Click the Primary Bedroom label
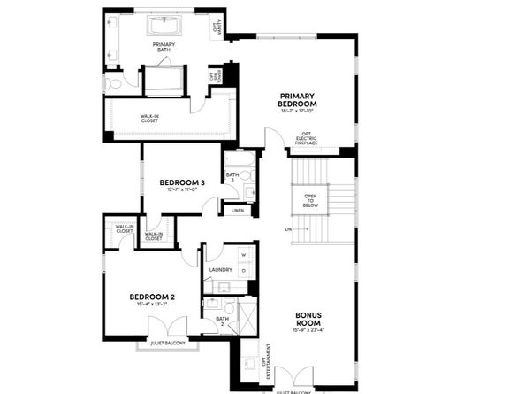tap(298, 99)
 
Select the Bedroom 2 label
tap(152, 297)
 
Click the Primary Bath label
tap(164, 48)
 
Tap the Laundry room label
tap(221, 270)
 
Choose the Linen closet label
tap(237, 211)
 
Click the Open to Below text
tap(310, 200)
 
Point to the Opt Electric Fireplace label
tap(331, 139)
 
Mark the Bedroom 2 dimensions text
tap(152, 305)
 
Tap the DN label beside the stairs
tap(288, 229)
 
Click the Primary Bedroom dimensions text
tap(298, 111)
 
